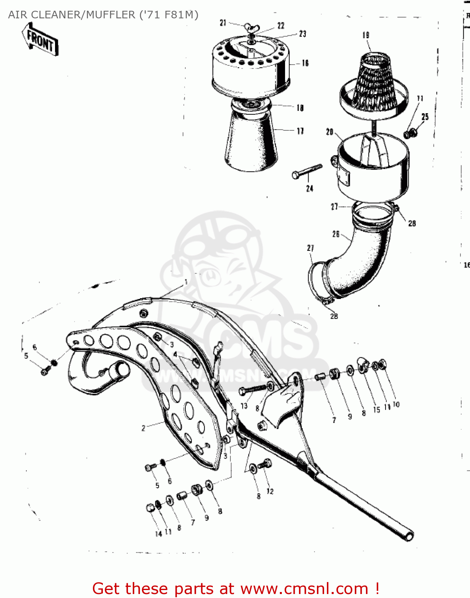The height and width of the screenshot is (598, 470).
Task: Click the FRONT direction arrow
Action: pyautogui.click(x=40, y=40)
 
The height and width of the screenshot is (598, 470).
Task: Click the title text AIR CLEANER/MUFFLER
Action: pyautogui.click(x=72, y=15)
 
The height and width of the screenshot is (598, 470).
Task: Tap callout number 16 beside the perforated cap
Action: pyautogui.click(x=305, y=63)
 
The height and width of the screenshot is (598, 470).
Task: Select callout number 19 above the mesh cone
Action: pyautogui.click(x=366, y=35)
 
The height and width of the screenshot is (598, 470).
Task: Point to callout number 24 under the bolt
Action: pyautogui.click(x=310, y=188)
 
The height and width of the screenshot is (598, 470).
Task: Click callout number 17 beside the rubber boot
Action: pyautogui.click(x=300, y=131)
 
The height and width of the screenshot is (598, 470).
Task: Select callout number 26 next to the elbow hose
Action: pyautogui.click(x=336, y=234)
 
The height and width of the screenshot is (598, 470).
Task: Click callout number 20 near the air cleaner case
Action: pyautogui.click(x=330, y=132)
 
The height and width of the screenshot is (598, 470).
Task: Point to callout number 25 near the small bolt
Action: pyautogui.click(x=425, y=116)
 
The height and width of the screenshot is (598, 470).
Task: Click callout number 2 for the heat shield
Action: pyautogui.click(x=144, y=428)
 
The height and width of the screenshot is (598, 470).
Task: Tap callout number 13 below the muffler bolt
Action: pyautogui.click(x=244, y=406)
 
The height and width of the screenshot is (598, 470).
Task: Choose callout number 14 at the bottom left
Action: pyautogui.click(x=158, y=534)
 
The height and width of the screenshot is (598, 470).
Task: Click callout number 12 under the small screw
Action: pyautogui.click(x=270, y=491)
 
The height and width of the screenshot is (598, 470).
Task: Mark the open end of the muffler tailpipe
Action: pyautogui.click(x=409, y=536)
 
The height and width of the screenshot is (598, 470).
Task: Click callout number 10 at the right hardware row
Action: pyautogui.click(x=396, y=404)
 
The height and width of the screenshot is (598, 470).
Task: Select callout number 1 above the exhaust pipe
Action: pyautogui.click(x=186, y=282)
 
